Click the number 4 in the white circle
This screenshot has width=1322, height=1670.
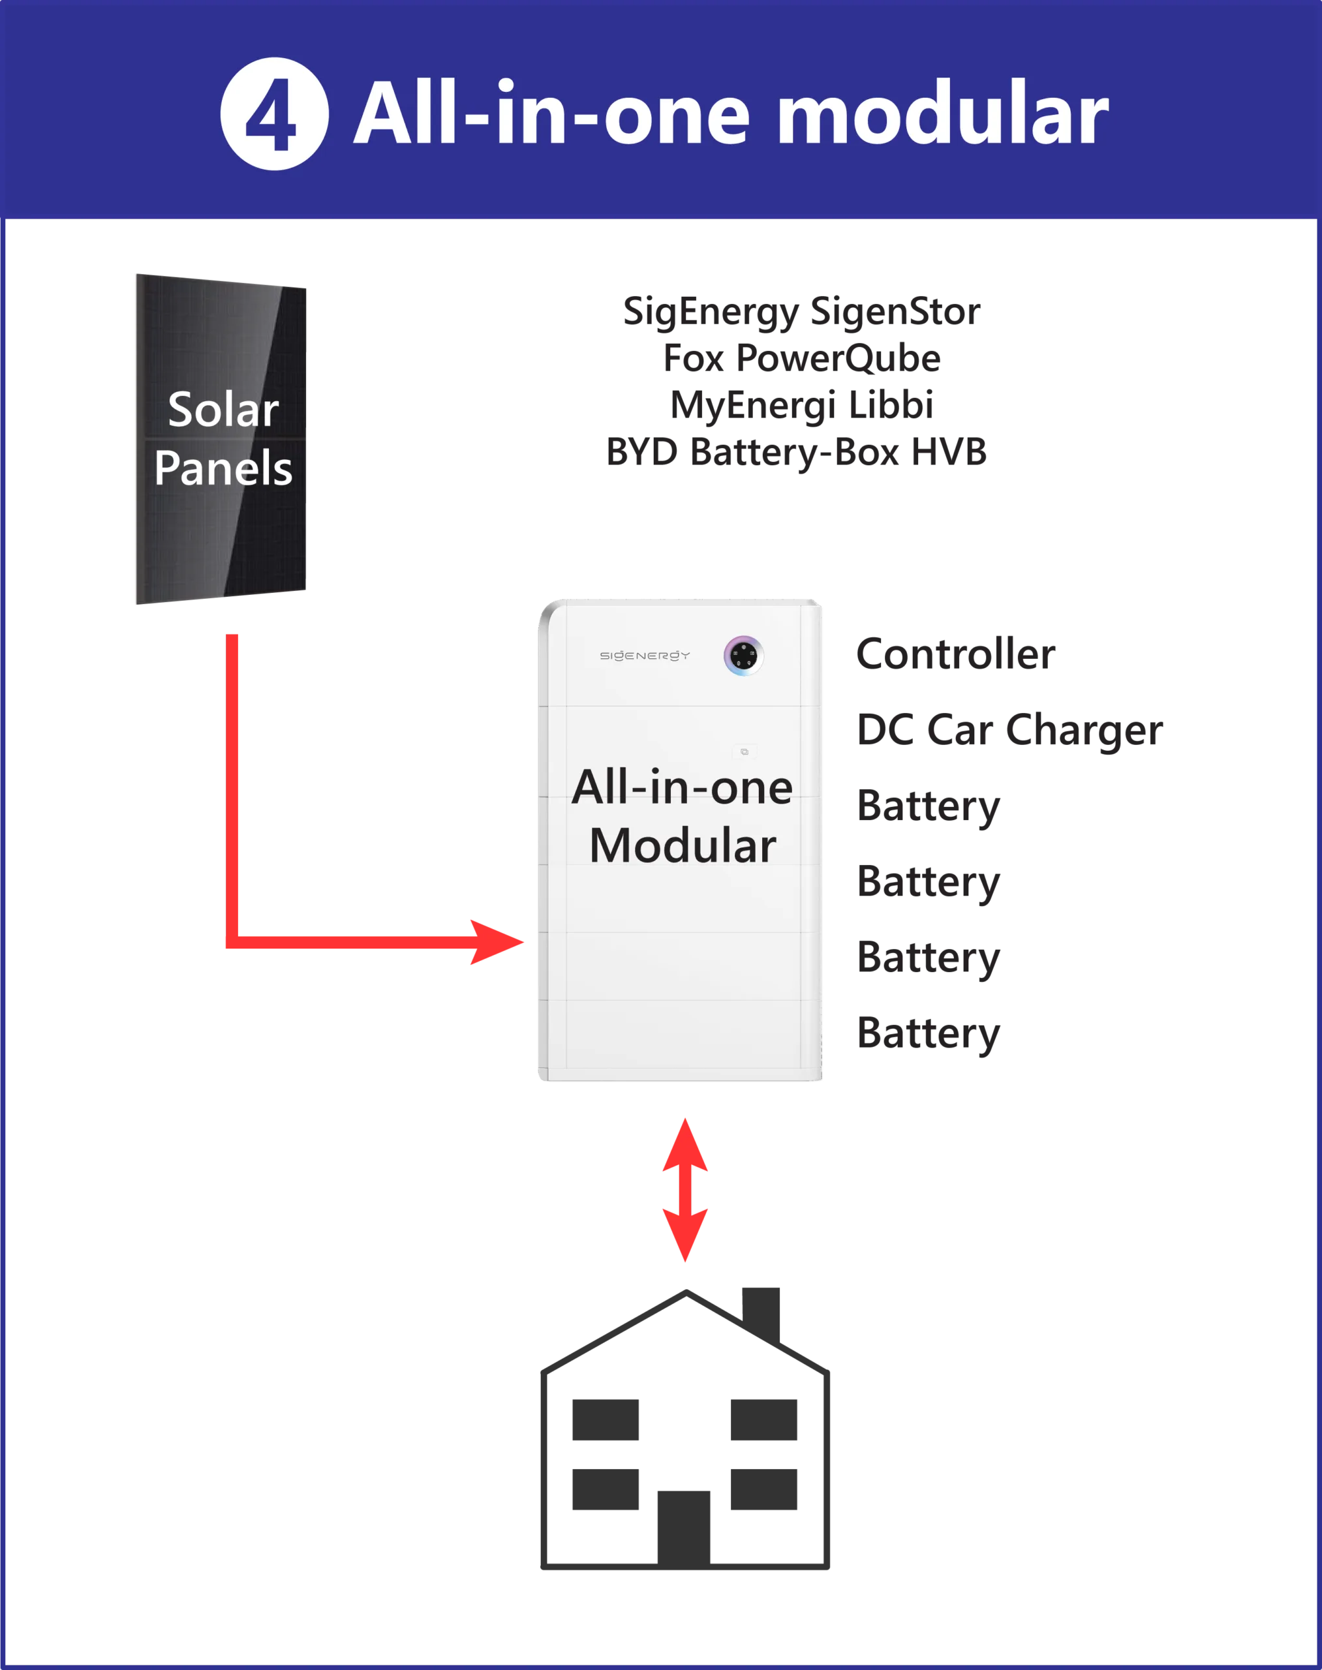(273, 115)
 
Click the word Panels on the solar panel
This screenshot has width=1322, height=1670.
(223, 468)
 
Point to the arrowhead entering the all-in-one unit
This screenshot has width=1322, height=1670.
(495, 942)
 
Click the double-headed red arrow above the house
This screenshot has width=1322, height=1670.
(684, 1189)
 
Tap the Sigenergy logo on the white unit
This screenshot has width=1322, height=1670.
(644, 656)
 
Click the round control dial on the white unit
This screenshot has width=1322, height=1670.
(743, 656)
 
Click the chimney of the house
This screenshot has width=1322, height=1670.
(762, 1311)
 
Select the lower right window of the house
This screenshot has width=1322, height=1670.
(764, 1490)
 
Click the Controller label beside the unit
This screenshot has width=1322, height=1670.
(956, 656)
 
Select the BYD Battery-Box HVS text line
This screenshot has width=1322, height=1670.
(795, 452)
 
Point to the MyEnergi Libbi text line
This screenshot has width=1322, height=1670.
(801, 406)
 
